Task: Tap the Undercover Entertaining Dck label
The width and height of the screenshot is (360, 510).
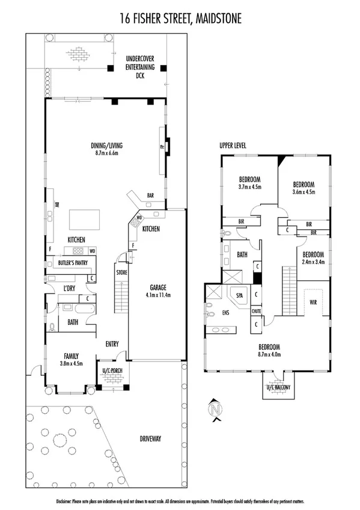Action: pos(140,67)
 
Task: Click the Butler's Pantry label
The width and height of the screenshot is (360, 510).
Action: pos(73,263)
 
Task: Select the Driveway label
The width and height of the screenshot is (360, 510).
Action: pos(150,439)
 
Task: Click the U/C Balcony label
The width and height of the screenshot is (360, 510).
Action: pos(277,387)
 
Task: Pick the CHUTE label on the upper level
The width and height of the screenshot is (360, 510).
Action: pos(257,311)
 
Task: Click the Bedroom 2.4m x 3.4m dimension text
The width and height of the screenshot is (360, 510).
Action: pos(313,262)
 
